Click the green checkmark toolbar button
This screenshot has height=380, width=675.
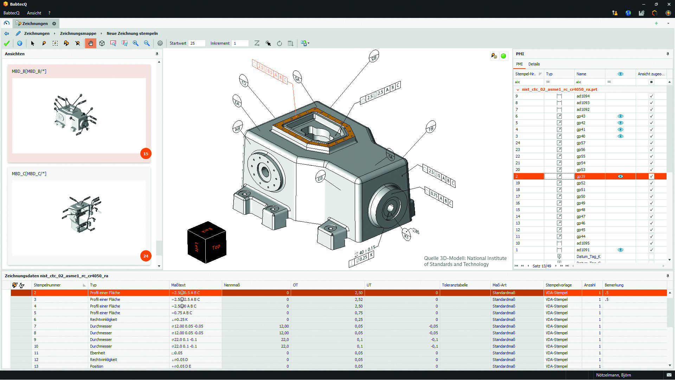(7, 43)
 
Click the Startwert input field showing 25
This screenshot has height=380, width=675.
(197, 43)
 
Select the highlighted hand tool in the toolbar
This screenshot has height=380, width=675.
(90, 43)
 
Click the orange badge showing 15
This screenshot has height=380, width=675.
(146, 154)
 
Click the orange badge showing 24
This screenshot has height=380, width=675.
(146, 256)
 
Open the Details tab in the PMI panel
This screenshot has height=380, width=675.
(534, 64)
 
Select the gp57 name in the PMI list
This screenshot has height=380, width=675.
(581, 143)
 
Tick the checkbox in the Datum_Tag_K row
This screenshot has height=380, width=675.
(651, 256)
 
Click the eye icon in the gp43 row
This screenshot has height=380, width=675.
(620, 116)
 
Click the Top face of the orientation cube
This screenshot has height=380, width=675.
(216, 247)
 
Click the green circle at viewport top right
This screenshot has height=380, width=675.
(503, 56)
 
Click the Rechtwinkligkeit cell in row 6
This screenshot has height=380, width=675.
(103, 319)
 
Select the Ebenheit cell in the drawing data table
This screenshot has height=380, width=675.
(97, 353)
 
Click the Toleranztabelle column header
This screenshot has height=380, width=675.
(455, 285)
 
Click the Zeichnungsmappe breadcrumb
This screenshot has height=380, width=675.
(78, 33)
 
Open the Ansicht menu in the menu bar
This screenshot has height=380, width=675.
(34, 13)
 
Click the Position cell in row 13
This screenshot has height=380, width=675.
(97, 366)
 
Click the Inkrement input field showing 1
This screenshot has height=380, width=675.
(240, 43)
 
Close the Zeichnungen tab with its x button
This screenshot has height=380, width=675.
(54, 24)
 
